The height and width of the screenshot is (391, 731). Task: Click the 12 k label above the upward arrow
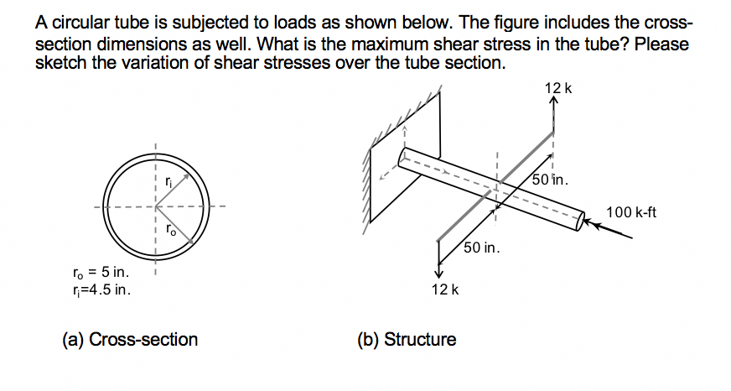pyautogui.click(x=557, y=88)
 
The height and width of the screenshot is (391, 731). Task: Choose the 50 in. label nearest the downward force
pyautogui.click(x=483, y=248)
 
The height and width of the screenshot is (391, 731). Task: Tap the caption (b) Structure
pyautogui.click(x=407, y=340)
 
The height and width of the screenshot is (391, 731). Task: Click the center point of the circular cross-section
pyautogui.click(x=155, y=206)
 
